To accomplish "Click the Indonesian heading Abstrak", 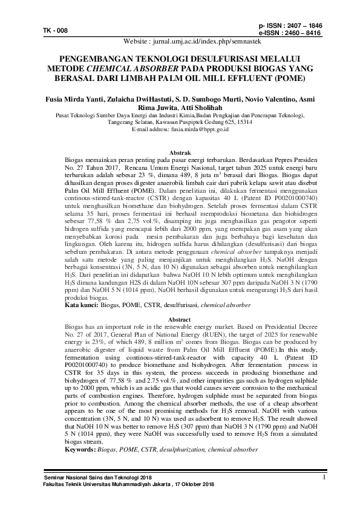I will coord(180,152).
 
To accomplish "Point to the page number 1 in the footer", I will coord(324,477).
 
